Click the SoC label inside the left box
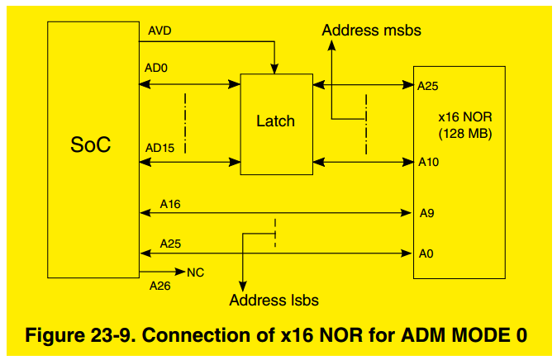[x=91, y=145]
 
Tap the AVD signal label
[x=159, y=31]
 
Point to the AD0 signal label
[x=157, y=69]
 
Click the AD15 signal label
[x=159, y=148]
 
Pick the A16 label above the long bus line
[x=170, y=202]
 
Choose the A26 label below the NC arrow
[x=159, y=286]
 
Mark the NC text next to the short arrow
[x=197, y=272]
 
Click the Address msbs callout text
[x=372, y=31]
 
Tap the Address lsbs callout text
[x=274, y=301]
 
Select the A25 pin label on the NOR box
[x=428, y=85]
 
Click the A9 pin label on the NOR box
[x=426, y=213]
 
